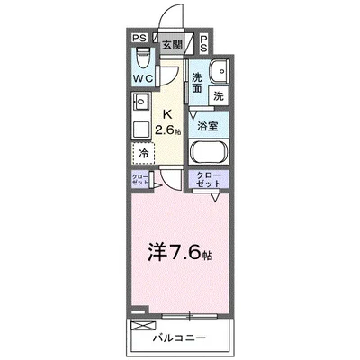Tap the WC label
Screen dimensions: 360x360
coord(142,78)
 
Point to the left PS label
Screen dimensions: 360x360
coord(140,40)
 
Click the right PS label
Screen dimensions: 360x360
coord(203,41)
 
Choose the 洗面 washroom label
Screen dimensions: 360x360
coord(197,84)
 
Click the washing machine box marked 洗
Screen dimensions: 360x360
coord(219,94)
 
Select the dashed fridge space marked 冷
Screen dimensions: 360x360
coord(143,153)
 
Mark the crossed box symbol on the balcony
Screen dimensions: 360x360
coord(139,322)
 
